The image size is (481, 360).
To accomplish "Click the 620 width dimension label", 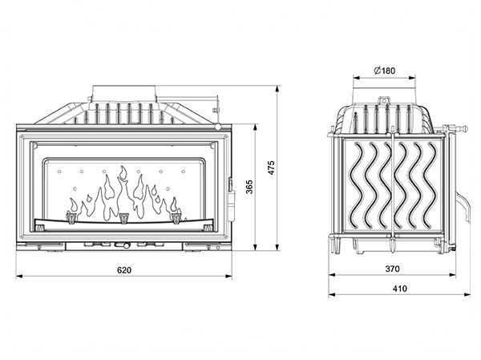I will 123,269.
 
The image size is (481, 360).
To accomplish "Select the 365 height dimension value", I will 249,187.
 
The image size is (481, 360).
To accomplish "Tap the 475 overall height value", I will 272,167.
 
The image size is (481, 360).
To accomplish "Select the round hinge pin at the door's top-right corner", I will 218,127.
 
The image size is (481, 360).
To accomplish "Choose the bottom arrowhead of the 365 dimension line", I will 256,249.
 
